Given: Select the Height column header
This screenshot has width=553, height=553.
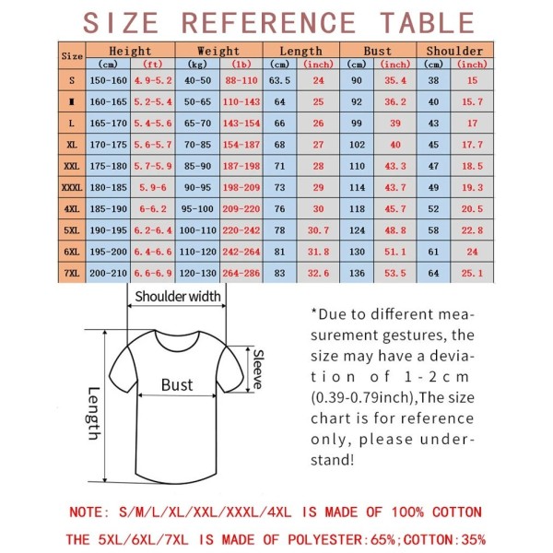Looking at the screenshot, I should (x=130, y=51).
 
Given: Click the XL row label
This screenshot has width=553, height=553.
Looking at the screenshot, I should (x=72, y=145).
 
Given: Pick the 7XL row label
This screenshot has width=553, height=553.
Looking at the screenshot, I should (x=72, y=273).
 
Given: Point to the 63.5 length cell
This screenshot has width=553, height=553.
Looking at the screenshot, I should (x=280, y=80).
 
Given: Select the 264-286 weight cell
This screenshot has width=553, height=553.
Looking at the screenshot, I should (x=241, y=273).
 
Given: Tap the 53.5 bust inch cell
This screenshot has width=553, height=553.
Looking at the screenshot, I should (x=396, y=273).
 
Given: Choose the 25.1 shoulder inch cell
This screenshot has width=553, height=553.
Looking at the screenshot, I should (x=472, y=273).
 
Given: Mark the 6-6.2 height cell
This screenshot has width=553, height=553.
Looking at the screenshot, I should (x=152, y=209).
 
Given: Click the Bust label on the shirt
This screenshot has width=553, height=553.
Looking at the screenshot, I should (x=177, y=385).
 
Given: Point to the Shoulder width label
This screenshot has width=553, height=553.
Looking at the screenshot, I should (x=178, y=297).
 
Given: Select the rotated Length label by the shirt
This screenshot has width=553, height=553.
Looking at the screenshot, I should (x=93, y=412).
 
